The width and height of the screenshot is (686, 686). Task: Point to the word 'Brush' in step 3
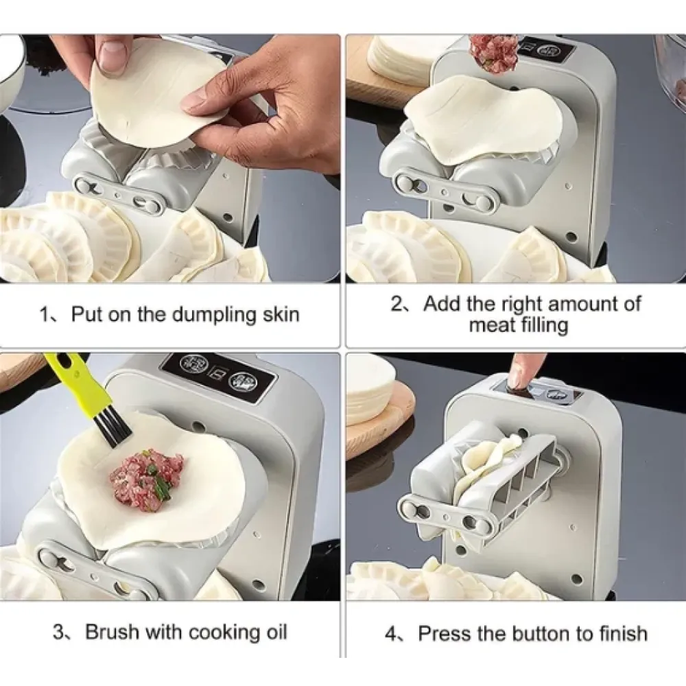click(x=113, y=632)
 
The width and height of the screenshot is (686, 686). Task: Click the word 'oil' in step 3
click(x=275, y=632)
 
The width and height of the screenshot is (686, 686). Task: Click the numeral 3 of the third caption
click(x=59, y=632)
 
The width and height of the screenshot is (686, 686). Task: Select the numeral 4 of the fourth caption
click(x=392, y=633)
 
